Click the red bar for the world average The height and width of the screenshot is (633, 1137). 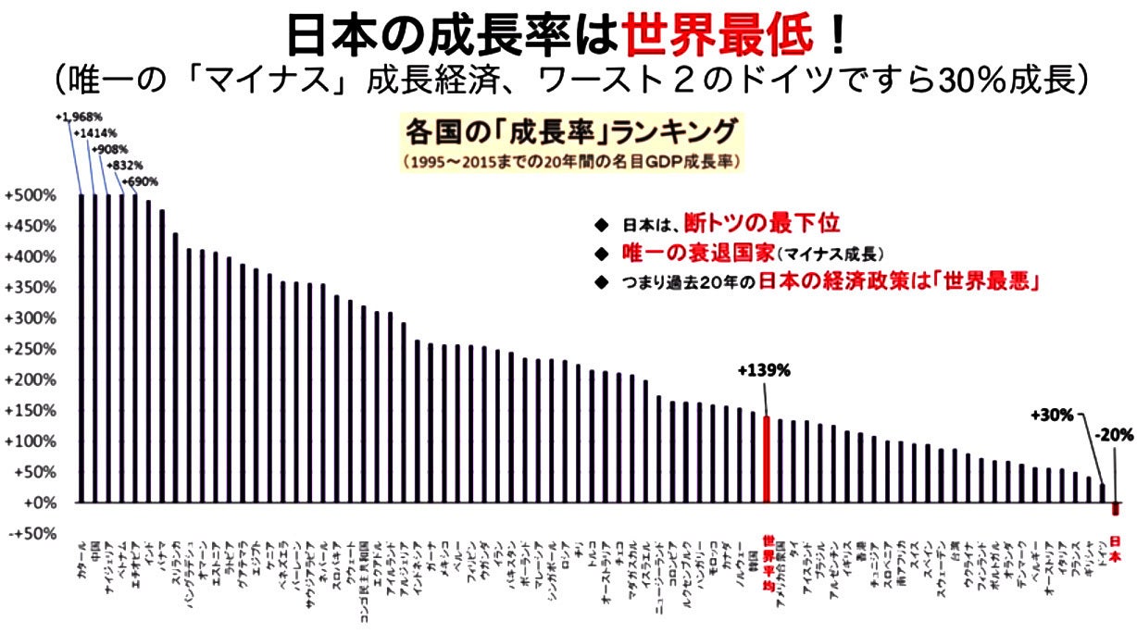pyautogui.click(x=767, y=459)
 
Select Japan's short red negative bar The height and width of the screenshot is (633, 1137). pyautogui.click(x=1116, y=509)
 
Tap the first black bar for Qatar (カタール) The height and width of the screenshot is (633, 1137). pyautogui.click(x=81, y=348)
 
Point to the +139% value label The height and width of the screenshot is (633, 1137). pyautogui.click(x=764, y=370)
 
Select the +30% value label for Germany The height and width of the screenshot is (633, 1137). pyautogui.click(x=1052, y=416)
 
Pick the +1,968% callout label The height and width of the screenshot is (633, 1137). pyautogui.click(x=78, y=117)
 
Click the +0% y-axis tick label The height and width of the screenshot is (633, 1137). pyautogui.click(x=31, y=503)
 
